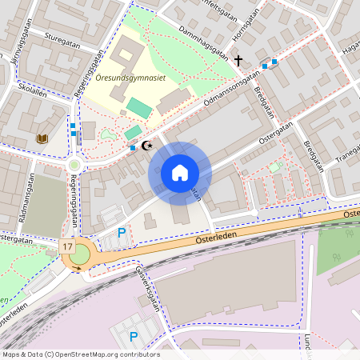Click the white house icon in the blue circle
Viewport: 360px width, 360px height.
(x=180, y=173)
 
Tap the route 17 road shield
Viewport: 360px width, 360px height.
(x=67, y=247)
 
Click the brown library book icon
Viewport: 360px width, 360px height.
(x=42, y=139)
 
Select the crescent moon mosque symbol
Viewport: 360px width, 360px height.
(x=146, y=146)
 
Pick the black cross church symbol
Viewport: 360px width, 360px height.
(x=238, y=60)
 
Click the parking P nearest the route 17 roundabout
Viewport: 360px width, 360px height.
(x=122, y=233)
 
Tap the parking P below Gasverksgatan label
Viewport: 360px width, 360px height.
(x=134, y=337)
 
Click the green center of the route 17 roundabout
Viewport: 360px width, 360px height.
(x=78, y=255)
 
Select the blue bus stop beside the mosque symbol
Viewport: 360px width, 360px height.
(x=133, y=147)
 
